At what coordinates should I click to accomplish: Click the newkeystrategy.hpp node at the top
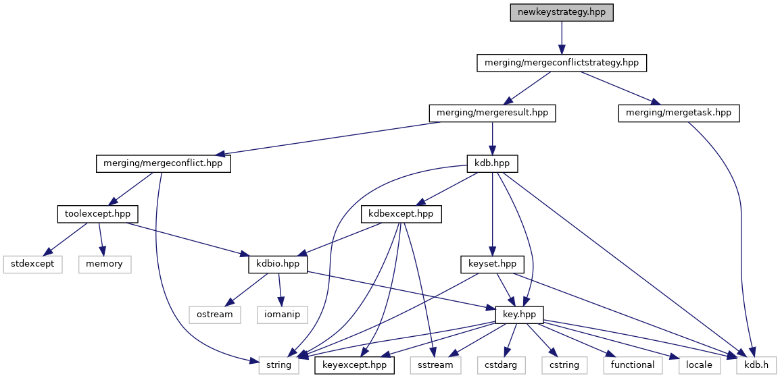pos(561,12)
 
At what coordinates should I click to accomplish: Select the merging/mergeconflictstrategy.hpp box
pos(561,63)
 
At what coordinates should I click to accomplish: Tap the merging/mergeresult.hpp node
pos(492,113)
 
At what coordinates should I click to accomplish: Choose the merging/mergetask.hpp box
pos(679,113)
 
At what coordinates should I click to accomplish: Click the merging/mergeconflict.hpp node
pos(164,163)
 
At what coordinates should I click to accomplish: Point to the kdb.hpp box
pos(492,163)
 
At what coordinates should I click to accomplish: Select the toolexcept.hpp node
pos(97,214)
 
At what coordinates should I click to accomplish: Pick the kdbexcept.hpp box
pos(401,214)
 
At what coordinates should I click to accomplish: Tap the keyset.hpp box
pos(492,264)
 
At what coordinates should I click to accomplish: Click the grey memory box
pos(105,264)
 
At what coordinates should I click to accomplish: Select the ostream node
pos(215,315)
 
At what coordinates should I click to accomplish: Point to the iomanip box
pos(282,315)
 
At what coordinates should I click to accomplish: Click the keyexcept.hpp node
pos(355,365)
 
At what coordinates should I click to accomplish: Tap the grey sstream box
pos(435,365)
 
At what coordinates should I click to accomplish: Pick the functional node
pos(633,365)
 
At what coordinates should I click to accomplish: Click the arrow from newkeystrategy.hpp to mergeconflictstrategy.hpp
pos(561,38)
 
